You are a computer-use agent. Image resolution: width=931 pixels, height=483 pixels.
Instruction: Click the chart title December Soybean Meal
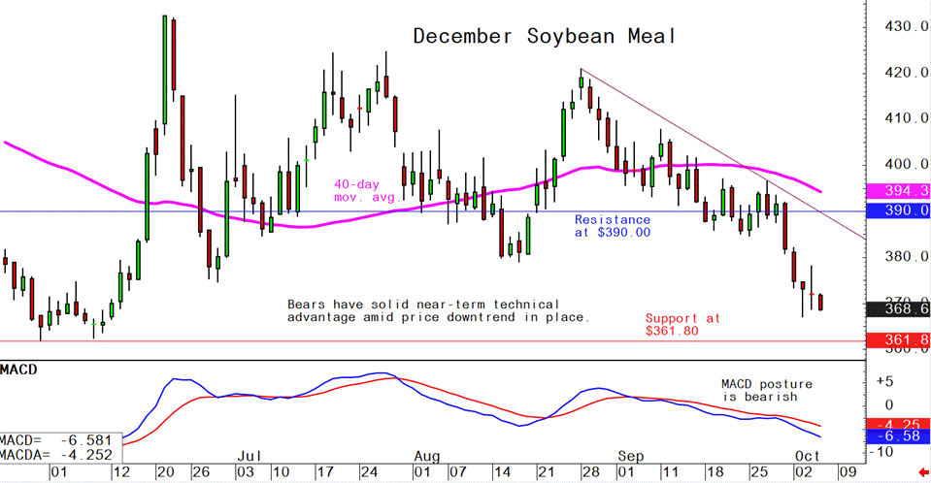(x=544, y=37)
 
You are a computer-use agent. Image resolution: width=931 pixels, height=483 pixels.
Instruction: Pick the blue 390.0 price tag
(x=899, y=210)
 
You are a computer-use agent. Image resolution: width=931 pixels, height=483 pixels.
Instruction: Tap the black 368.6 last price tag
(x=899, y=309)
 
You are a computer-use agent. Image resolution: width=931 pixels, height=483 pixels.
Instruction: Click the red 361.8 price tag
(x=899, y=340)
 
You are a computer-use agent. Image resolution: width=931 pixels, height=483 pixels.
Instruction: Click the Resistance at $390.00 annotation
(x=612, y=226)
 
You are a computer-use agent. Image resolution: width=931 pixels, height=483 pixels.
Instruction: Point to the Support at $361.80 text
(x=683, y=325)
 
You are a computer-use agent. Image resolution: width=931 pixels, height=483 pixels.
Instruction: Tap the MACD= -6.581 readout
(x=56, y=439)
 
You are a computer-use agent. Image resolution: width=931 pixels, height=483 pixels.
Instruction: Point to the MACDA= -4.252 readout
(x=56, y=454)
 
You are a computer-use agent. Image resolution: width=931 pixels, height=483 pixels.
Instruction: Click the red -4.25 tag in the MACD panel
(x=899, y=424)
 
